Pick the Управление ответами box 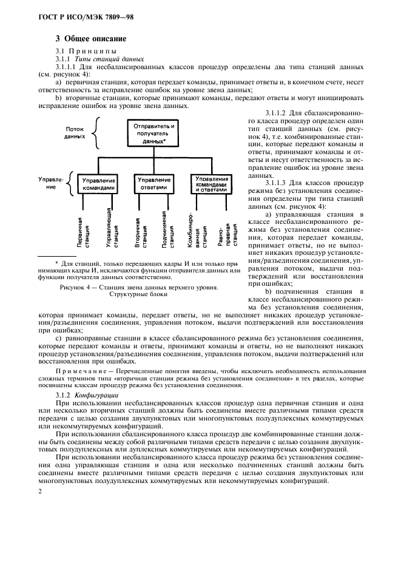(x=154, y=183)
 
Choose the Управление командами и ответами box (x=212, y=183)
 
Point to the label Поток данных (x=75, y=132)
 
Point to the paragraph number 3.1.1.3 (x=278, y=181)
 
